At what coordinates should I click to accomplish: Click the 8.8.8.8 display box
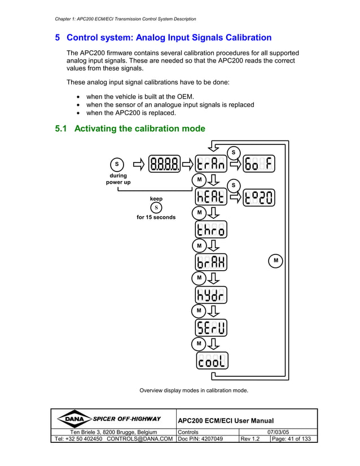point(165,164)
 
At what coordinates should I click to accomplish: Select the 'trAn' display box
point(212,164)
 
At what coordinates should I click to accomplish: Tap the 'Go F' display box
point(260,164)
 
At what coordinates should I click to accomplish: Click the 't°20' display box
point(260,197)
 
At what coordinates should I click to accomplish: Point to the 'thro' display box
point(212,230)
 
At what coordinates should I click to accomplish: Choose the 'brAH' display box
point(212,262)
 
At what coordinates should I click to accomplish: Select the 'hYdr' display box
point(212,295)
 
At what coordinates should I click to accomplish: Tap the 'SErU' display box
point(212,328)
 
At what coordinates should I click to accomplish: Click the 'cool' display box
point(212,361)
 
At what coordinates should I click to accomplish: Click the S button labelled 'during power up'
point(117,164)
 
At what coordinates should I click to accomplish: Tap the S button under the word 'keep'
point(156,208)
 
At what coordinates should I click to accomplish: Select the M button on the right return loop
point(275,261)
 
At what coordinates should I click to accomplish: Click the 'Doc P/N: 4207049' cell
point(201,439)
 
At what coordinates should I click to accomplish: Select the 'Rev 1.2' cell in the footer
point(250,439)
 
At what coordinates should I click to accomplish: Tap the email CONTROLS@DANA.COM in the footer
point(139,439)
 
